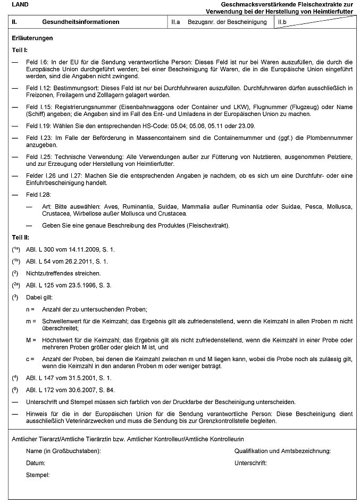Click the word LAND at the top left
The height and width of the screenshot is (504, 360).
click(20, 4)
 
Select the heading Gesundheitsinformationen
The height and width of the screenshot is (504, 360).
click(80, 22)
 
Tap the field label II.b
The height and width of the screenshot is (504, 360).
click(283, 22)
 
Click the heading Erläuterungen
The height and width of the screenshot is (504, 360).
click(32, 39)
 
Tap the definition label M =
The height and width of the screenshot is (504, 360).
click(30, 340)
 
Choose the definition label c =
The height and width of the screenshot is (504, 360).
click(30, 359)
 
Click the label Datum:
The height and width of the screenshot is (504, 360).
click(36, 463)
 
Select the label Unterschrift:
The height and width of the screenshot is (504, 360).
click(250, 463)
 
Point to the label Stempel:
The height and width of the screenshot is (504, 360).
click(38, 474)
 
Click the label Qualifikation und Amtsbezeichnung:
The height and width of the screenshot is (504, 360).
click(283, 451)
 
